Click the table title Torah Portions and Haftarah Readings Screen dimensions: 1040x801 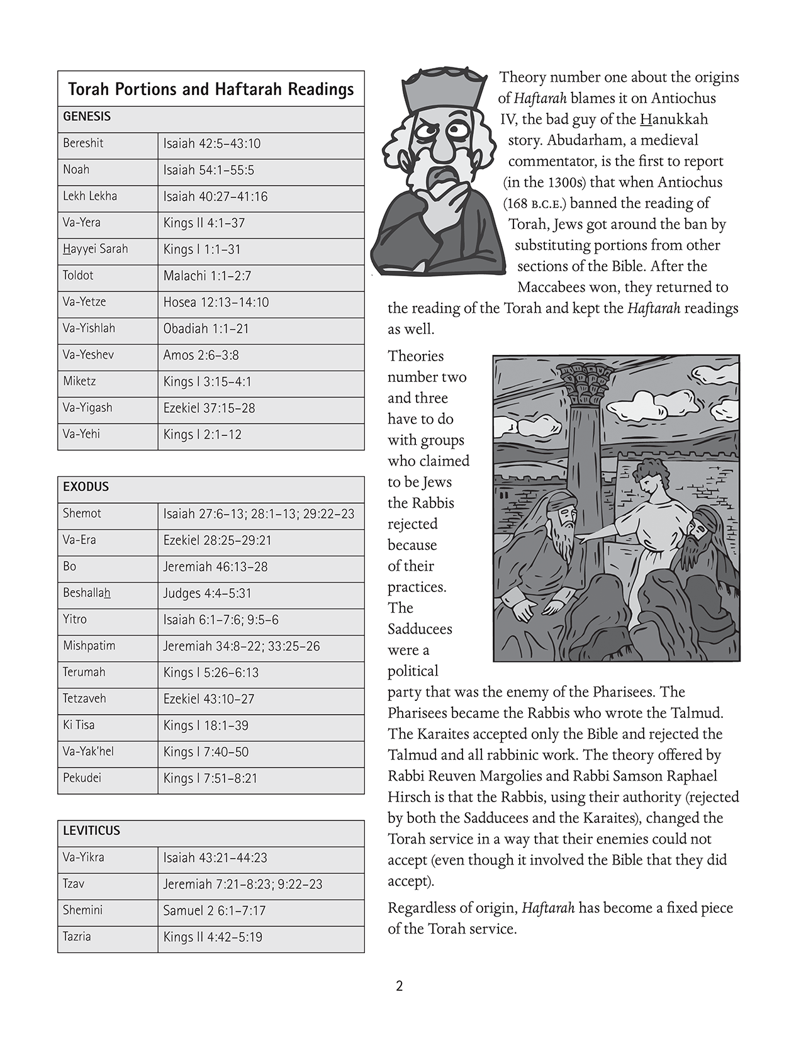click(211, 89)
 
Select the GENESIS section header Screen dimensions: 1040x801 click(87, 116)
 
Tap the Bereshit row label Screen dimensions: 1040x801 click(83, 143)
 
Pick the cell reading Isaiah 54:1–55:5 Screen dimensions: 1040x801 click(208, 170)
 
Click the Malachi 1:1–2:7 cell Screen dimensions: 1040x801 click(207, 276)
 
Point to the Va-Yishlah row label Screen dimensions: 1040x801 click(89, 328)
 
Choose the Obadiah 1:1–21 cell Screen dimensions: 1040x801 click(206, 328)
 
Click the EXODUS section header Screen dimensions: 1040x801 click(86, 487)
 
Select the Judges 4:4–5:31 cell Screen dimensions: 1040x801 click(207, 593)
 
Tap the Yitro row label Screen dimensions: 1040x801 click(75, 620)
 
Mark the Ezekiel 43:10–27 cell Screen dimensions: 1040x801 click(208, 699)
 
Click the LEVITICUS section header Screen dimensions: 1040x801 click(91, 831)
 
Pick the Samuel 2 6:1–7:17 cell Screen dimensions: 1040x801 click(214, 910)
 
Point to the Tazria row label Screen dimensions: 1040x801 click(77, 937)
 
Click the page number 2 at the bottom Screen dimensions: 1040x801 click(400, 986)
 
